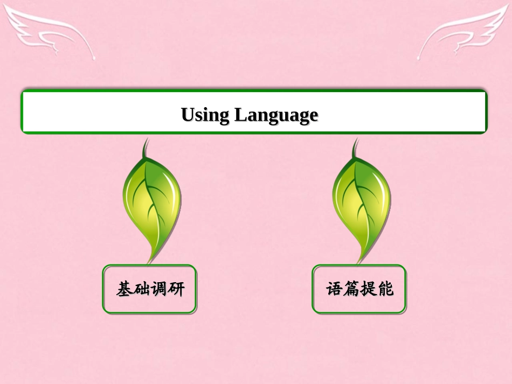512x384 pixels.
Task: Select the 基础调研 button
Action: (149, 289)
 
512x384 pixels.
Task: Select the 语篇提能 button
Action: (359, 289)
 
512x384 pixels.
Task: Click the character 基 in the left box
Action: (124, 289)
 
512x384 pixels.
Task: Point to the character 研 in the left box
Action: (176, 289)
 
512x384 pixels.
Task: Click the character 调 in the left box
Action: (159, 289)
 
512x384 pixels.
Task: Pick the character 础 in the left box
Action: (142, 289)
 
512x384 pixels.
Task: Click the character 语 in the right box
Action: (334, 289)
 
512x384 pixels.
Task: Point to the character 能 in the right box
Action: (385, 289)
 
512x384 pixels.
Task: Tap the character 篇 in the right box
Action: (351, 289)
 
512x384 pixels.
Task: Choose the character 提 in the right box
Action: (368, 289)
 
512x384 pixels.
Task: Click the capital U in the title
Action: (187, 115)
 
